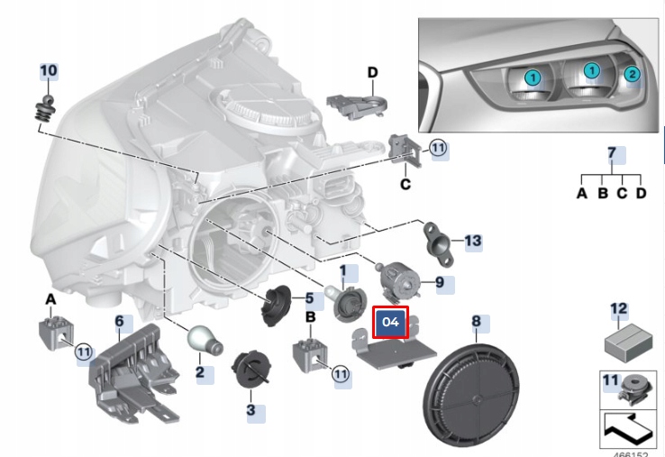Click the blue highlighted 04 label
391,322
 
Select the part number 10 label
48,70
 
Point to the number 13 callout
473,241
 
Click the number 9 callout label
440,282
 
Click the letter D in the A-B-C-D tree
641,191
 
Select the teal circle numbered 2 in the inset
631,74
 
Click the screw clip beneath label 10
41,108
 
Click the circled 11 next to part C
438,149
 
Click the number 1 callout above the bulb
342,270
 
